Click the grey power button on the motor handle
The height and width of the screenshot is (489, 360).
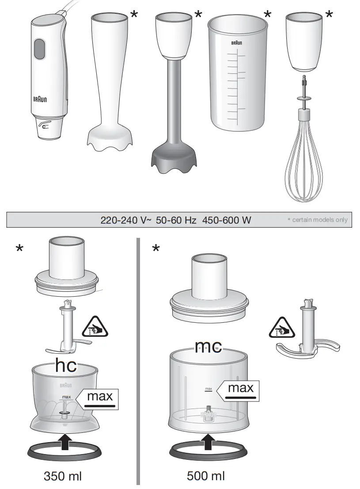(40, 49)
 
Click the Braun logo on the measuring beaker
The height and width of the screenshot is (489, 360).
(237, 43)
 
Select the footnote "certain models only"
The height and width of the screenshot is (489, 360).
(320, 220)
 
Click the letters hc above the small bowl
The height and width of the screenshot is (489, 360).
(66, 366)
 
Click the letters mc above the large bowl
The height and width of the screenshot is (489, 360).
(208, 347)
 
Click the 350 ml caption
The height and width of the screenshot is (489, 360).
(63, 476)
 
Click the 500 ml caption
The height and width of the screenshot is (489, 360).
(206, 476)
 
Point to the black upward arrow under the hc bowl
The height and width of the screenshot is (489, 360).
(65, 441)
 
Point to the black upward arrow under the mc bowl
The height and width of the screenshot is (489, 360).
(208, 441)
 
